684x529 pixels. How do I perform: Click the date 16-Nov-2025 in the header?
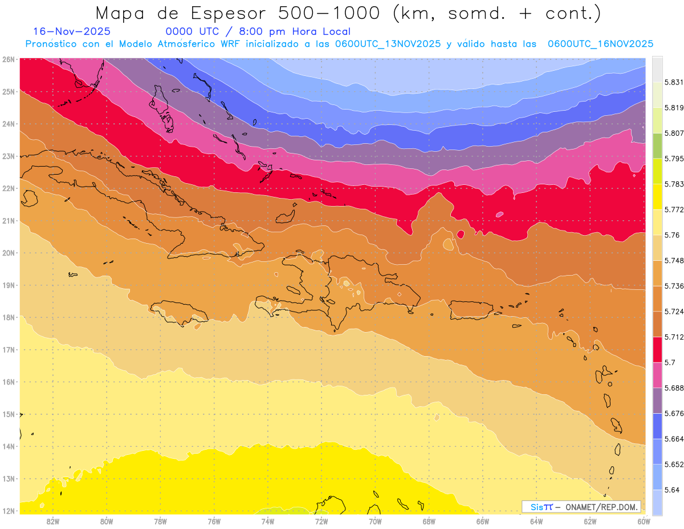coord(72,31)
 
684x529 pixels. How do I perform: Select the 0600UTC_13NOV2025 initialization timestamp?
coord(388,44)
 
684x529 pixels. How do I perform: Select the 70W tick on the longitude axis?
coord(375,521)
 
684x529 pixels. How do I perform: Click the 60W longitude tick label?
coord(644,521)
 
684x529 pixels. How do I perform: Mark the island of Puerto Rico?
coord(471,310)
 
